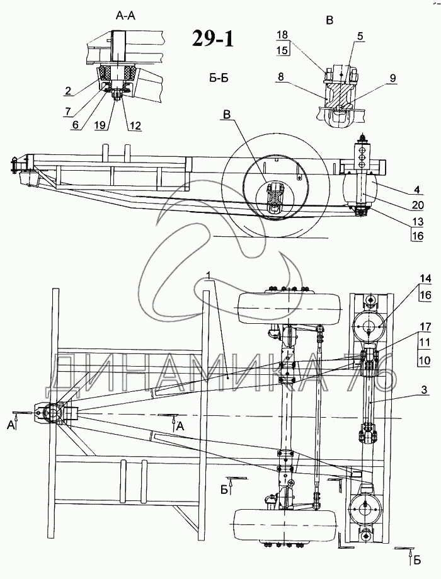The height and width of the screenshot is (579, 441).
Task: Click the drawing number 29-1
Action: coord(213,38)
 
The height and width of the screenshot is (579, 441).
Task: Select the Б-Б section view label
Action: coord(217,78)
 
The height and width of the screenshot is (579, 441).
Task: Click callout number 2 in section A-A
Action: coord(67,90)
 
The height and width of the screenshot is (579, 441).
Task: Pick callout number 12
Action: coord(135,125)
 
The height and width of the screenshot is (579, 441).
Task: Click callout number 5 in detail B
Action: coord(360,36)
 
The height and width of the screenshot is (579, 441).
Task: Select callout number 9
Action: coord(392,78)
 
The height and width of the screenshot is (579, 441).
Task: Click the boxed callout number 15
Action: coord(282,50)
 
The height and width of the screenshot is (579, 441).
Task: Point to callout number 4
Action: coord(416,190)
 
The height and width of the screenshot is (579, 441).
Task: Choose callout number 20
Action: coord(418,205)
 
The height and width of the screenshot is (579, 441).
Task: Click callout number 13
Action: coord(418,222)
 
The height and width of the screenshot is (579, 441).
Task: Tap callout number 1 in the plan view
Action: coord(209,275)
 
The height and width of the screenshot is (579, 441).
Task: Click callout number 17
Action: coord(425,327)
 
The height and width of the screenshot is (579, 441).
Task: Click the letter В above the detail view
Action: coord(330,21)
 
